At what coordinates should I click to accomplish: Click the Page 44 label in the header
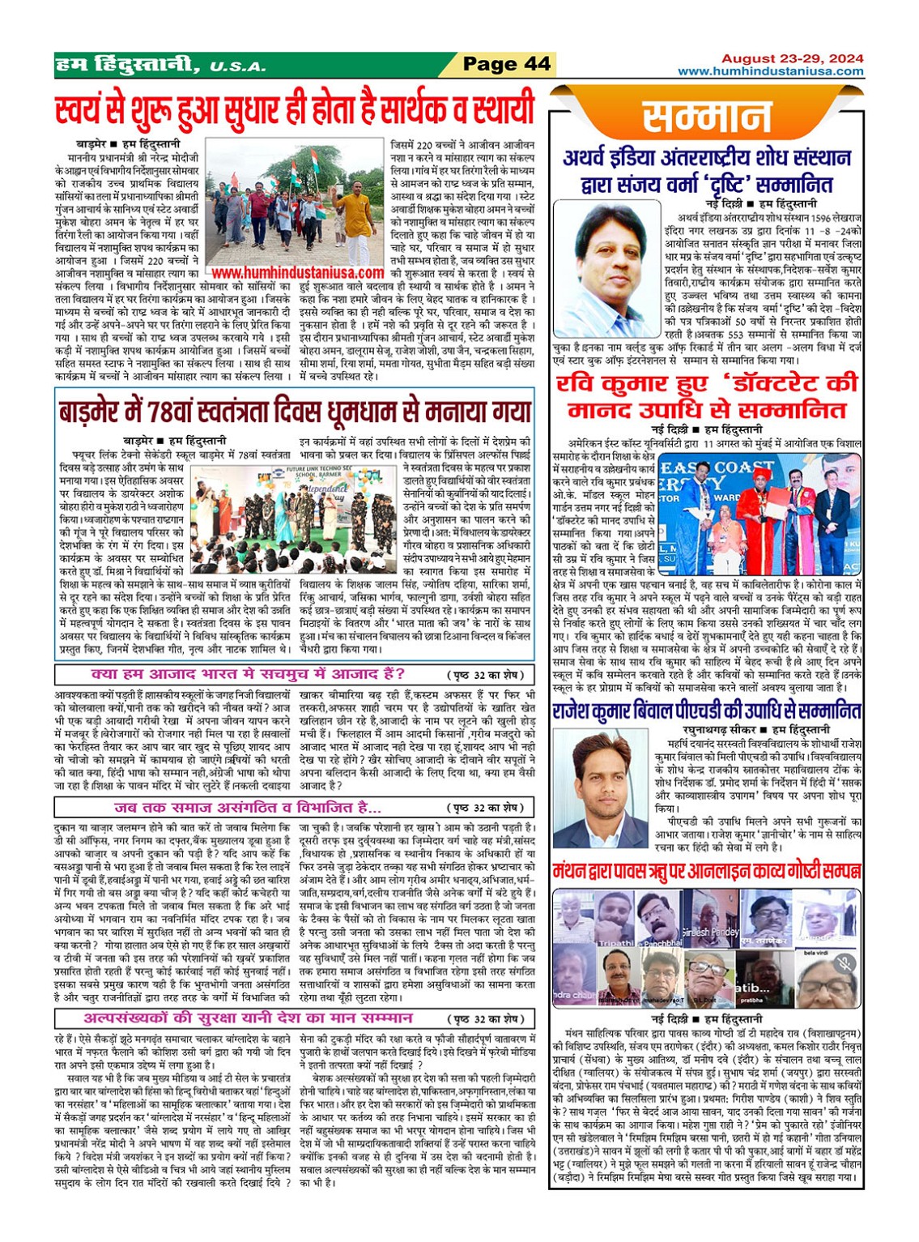(x=506, y=64)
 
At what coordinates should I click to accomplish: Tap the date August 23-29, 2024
(x=792, y=58)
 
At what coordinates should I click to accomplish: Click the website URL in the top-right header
(x=770, y=71)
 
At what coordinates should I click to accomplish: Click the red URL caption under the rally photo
(x=297, y=274)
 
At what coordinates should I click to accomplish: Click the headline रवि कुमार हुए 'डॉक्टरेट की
(x=706, y=395)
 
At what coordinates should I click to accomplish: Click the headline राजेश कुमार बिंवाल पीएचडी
(x=706, y=711)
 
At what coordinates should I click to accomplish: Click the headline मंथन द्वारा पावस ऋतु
(x=706, y=871)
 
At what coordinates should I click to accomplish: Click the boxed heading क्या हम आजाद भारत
(x=249, y=674)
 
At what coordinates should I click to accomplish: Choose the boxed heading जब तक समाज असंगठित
(x=248, y=807)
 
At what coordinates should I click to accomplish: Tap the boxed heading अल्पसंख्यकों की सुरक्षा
(x=249, y=1018)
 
